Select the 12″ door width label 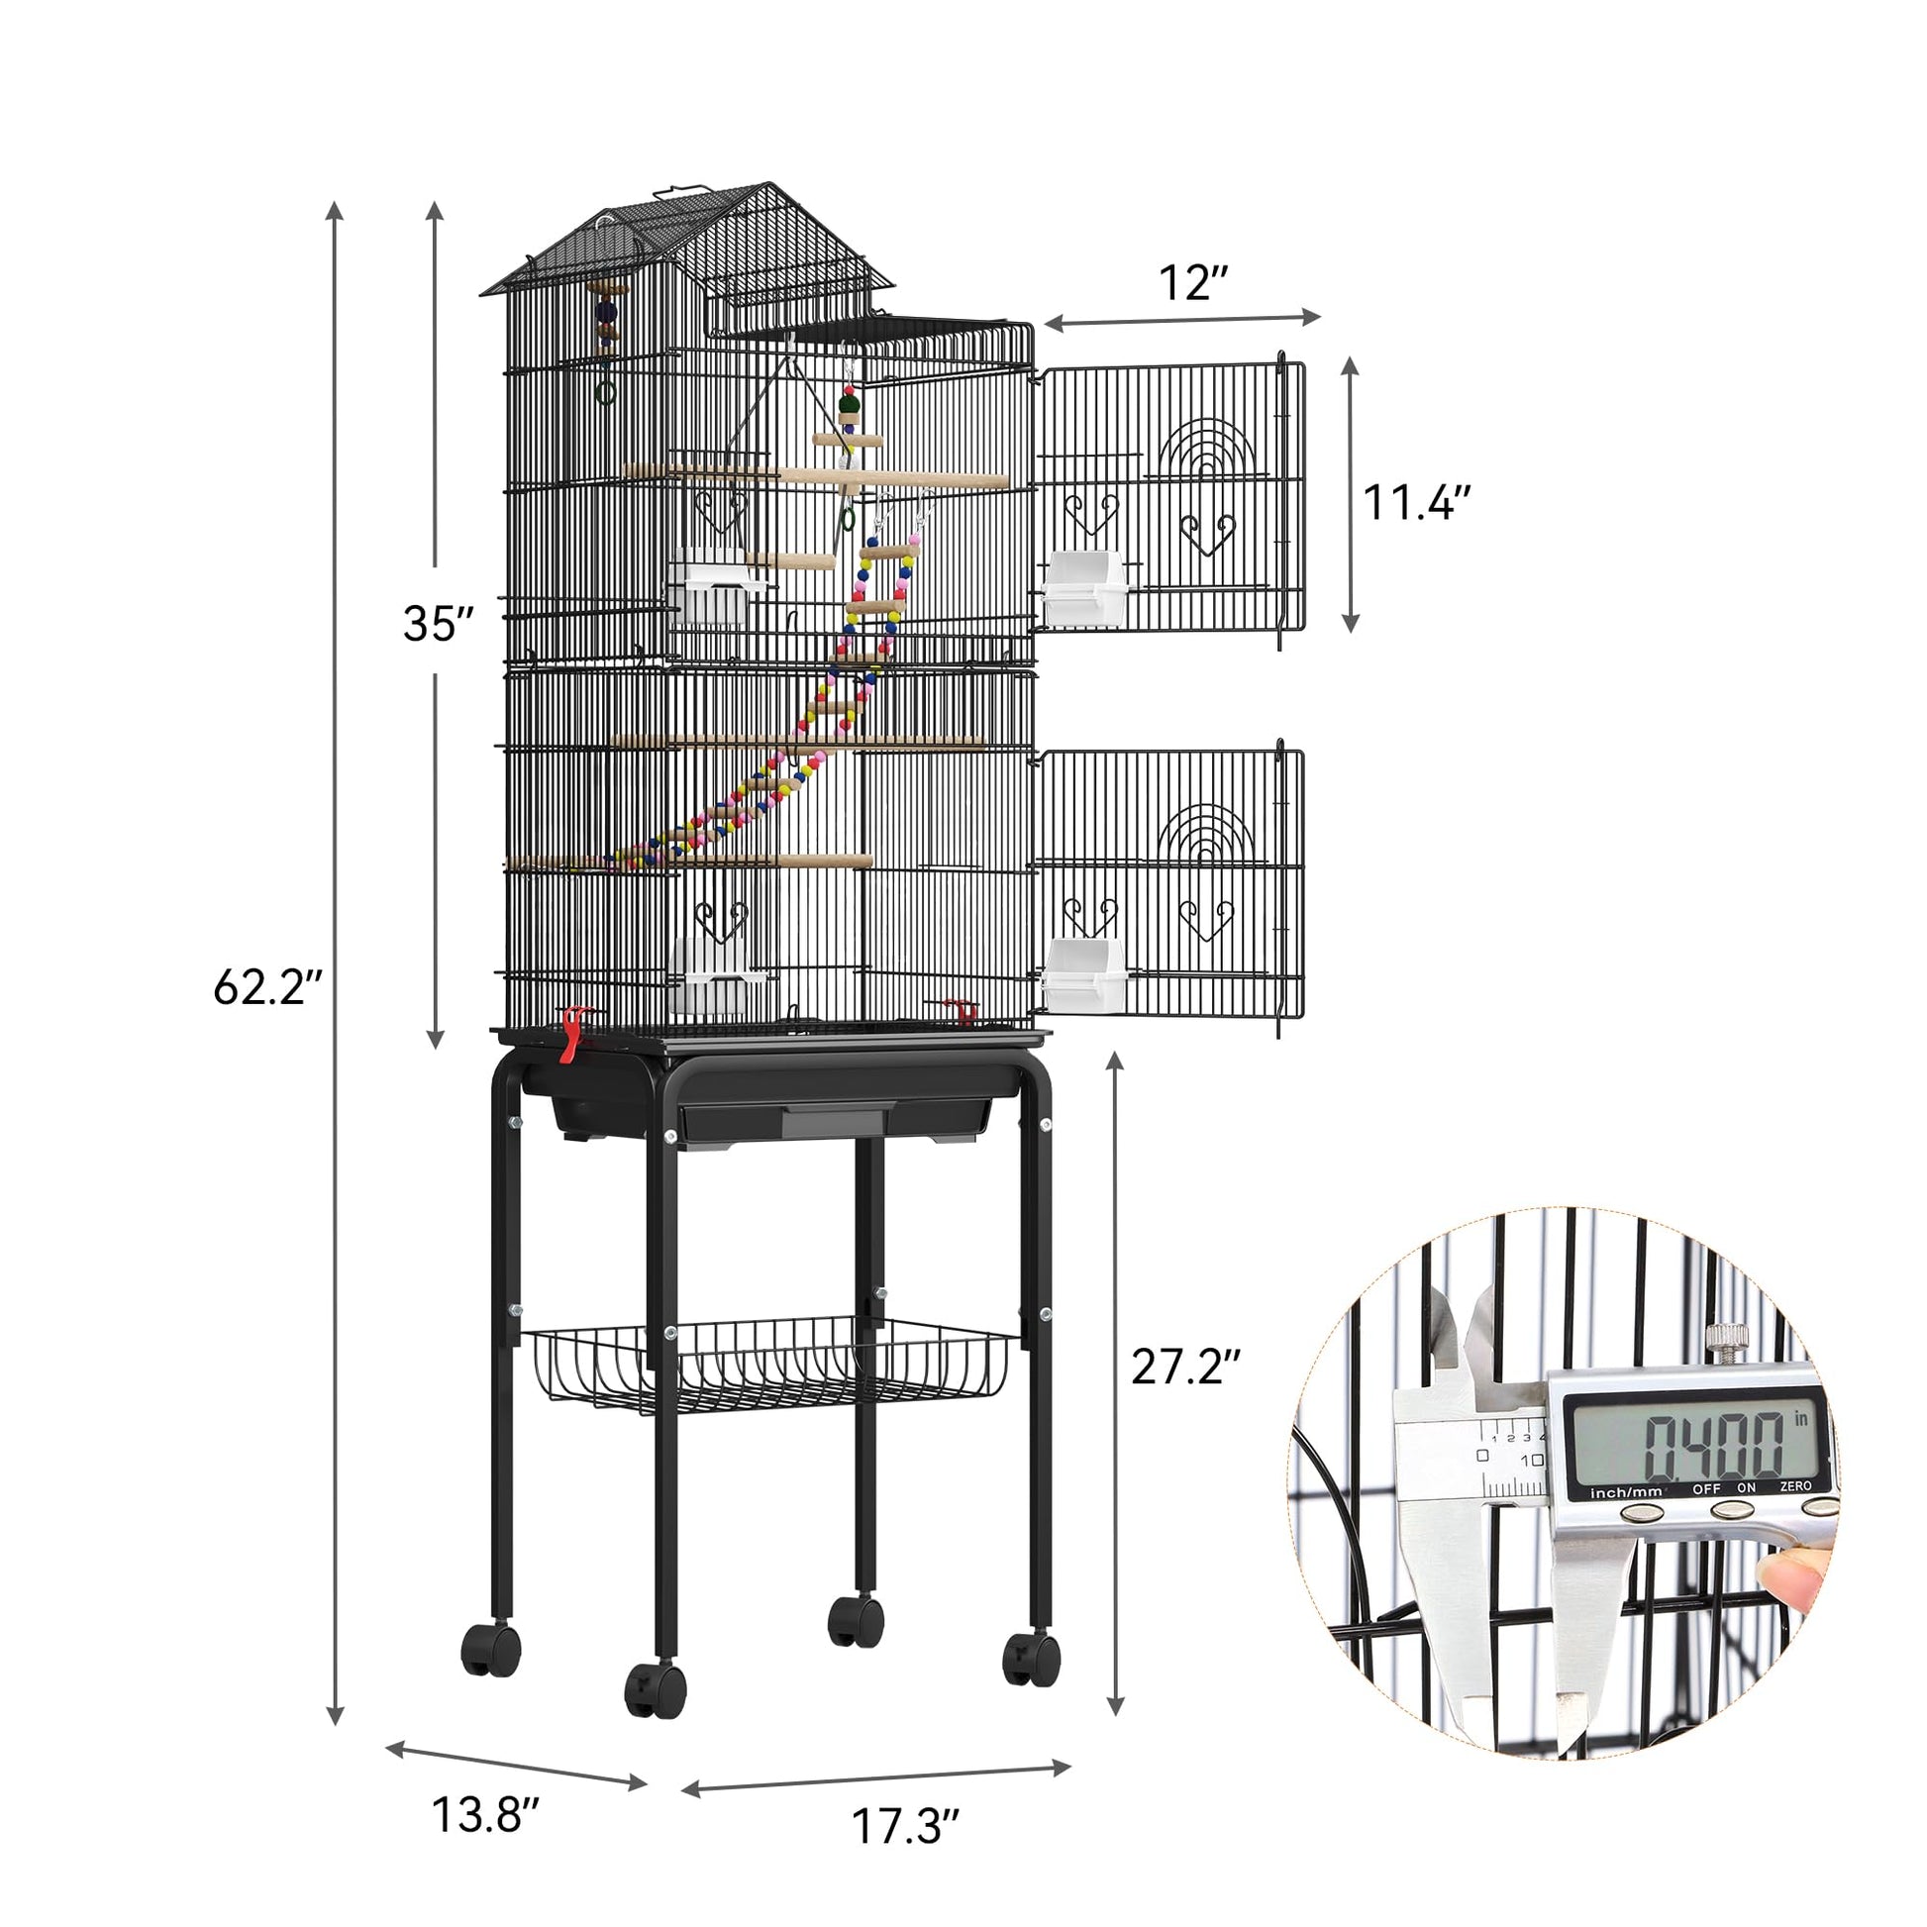point(1191,283)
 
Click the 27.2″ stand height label point(1185,1367)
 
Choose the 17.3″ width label point(905,1826)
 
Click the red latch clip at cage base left point(571,1036)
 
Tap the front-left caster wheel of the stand point(656,1687)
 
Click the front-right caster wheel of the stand point(1032,1659)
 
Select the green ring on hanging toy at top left point(604,392)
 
